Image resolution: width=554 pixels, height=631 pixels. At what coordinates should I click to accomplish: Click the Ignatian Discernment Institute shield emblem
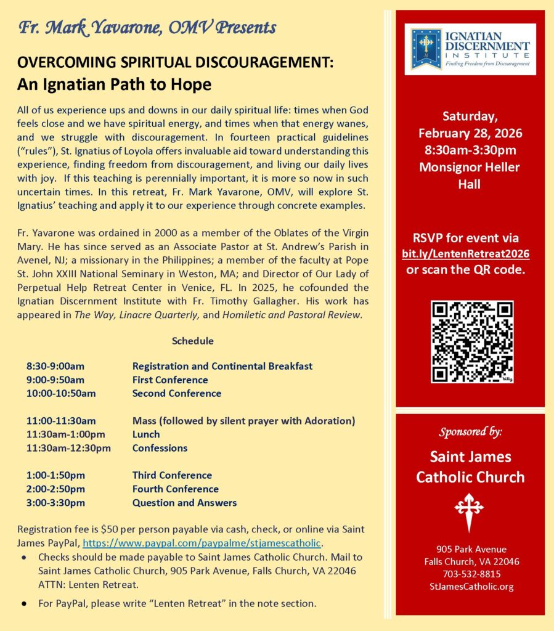(426, 49)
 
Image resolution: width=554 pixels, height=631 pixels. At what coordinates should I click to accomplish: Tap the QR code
(472, 341)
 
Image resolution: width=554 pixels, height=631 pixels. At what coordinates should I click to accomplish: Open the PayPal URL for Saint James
(203, 543)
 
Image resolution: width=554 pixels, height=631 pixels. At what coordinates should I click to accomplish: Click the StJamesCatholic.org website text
(470, 586)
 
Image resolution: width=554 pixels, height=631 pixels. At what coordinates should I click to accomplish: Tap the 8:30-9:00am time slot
(55, 366)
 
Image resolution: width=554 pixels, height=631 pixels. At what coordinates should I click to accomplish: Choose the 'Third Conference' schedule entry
(172, 475)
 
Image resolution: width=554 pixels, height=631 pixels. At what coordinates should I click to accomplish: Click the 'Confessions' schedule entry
(160, 448)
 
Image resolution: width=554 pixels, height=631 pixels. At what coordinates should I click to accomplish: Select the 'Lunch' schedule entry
(146, 434)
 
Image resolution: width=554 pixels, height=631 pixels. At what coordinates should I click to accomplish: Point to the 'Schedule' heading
(192, 341)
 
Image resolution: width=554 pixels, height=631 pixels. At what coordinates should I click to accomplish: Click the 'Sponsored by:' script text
(470, 432)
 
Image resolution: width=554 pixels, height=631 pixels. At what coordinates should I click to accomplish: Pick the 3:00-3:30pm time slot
(55, 502)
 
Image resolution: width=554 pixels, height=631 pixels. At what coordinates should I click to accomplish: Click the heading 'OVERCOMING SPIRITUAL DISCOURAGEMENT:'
(176, 63)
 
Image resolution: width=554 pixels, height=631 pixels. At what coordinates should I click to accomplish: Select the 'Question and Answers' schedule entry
(184, 502)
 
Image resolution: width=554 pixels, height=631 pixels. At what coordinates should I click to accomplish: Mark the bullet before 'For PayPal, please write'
(23, 603)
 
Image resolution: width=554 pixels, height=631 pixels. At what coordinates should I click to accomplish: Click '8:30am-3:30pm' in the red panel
(470, 150)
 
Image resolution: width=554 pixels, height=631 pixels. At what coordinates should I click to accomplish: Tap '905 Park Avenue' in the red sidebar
(470, 549)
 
